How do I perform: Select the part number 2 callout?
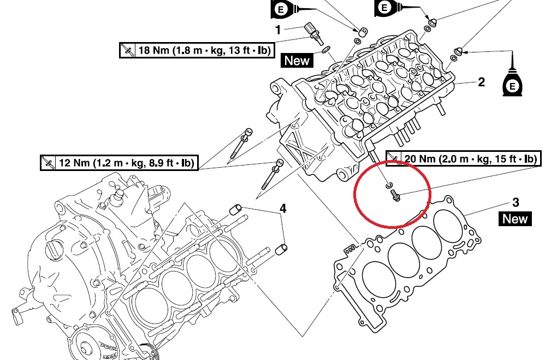(x=481, y=82)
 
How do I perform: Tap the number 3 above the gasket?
(x=516, y=203)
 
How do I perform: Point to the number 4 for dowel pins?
(x=283, y=209)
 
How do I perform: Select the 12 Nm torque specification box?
(x=120, y=163)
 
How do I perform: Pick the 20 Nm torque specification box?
(x=463, y=159)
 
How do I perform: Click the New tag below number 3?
(x=515, y=219)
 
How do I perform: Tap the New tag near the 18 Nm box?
(x=297, y=61)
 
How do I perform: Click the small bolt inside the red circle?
(x=394, y=193)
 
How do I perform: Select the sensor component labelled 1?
(x=313, y=32)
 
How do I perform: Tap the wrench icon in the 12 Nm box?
(x=49, y=163)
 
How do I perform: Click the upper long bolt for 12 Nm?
(x=240, y=143)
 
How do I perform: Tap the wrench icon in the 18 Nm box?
(x=128, y=50)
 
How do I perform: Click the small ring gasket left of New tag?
(x=325, y=51)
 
